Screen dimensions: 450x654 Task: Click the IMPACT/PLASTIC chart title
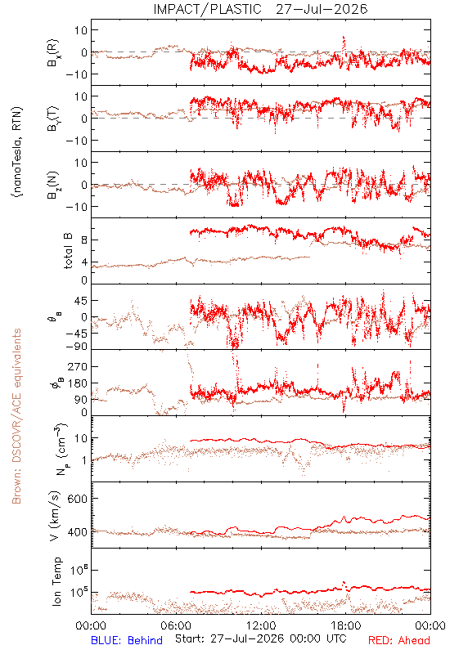click(208, 9)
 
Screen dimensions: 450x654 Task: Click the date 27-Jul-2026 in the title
click(322, 9)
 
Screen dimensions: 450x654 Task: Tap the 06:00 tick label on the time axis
click(176, 625)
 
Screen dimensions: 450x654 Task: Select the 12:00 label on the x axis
click(261, 625)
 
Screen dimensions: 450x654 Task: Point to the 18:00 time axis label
click(346, 625)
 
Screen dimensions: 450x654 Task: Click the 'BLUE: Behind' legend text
click(127, 640)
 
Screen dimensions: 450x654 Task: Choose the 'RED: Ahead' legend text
click(399, 640)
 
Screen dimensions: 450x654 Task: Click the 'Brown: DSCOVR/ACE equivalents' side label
click(16, 416)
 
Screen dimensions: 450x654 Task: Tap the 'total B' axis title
click(68, 251)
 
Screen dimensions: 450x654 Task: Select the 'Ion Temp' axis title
click(56, 581)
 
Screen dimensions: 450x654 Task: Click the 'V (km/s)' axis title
click(55, 516)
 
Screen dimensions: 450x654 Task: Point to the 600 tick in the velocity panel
click(78, 499)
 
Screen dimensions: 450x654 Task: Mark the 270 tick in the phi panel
click(78, 366)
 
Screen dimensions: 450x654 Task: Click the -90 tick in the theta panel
click(77, 347)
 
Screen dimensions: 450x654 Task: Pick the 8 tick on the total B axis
click(84, 240)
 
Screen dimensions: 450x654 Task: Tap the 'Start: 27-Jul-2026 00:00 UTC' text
click(261, 638)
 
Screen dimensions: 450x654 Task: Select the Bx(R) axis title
click(53, 53)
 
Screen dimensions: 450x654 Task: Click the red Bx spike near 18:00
click(344, 42)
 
